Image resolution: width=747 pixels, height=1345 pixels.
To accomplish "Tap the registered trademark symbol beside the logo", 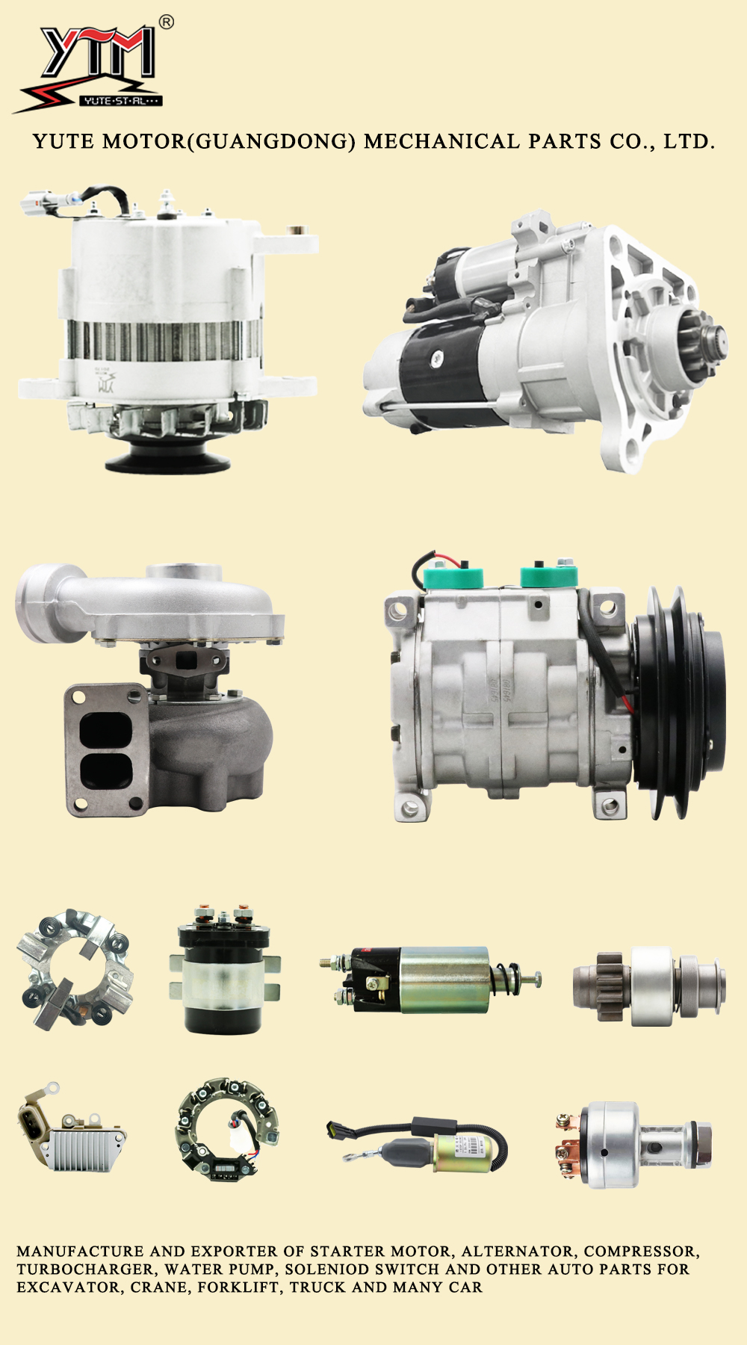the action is [x=167, y=22].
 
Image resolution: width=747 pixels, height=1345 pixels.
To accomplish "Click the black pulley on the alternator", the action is [x=167, y=453].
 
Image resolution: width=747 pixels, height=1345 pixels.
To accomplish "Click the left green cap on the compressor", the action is [x=453, y=576].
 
